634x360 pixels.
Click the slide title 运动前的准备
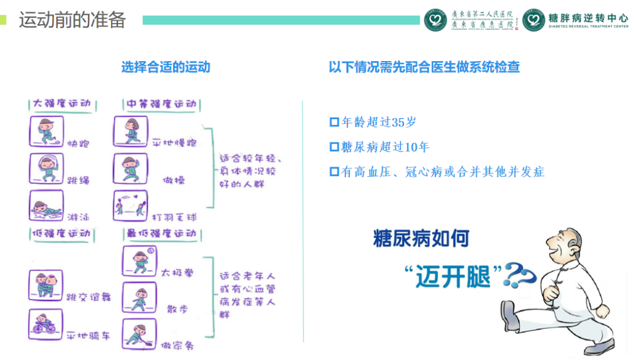(72, 19)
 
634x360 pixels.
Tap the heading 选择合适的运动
(166, 67)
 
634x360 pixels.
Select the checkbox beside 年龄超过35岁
(334, 122)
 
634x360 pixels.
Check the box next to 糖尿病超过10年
(334, 147)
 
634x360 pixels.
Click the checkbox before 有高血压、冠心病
(334, 171)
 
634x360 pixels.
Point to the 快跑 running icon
(46, 131)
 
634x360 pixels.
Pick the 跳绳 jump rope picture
(46, 168)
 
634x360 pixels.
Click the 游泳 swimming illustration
(46, 206)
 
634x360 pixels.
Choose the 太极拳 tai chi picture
(140, 261)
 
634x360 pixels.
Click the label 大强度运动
(62, 104)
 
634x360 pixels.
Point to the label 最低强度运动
(160, 234)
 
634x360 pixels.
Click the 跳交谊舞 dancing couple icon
(46, 286)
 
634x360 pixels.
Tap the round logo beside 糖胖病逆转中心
(534, 20)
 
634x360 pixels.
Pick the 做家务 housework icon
(140, 334)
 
